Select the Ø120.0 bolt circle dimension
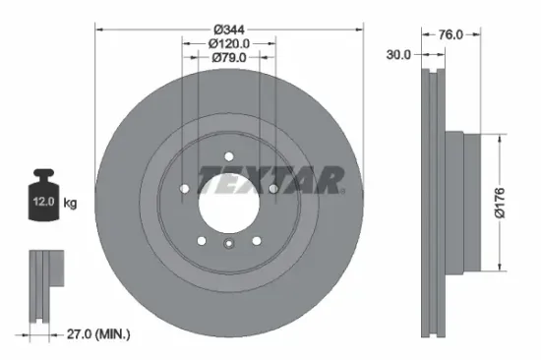click(x=228, y=42)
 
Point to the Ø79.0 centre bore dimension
click(x=228, y=58)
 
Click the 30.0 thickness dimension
click(x=399, y=55)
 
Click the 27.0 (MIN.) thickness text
click(x=92, y=335)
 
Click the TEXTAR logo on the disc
click(x=270, y=180)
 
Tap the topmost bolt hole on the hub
click(x=227, y=154)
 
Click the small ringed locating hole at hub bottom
click(x=227, y=247)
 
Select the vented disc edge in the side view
click(x=431, y=203)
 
